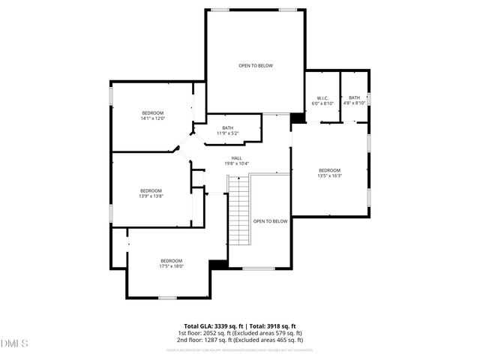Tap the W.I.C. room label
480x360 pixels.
point(322,97)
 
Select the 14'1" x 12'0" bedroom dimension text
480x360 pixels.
point(152,118)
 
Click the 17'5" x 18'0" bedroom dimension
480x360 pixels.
point(171,266)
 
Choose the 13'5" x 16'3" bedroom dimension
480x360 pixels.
point(329,176)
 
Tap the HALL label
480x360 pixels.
point(236,158)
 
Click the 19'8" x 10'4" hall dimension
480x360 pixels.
point(236,163)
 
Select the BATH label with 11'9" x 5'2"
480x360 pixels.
point(227,127)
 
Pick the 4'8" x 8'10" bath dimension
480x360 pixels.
point(354,103)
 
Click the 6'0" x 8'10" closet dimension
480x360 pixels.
point(322,103)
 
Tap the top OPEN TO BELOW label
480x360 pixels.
point(256,66)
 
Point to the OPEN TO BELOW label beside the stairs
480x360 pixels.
point(270,221)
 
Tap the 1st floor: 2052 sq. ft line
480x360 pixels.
point(240,333)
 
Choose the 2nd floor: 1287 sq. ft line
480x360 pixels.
point(240,340)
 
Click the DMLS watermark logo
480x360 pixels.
point(14,344)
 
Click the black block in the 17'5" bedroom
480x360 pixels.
point(219,265)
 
